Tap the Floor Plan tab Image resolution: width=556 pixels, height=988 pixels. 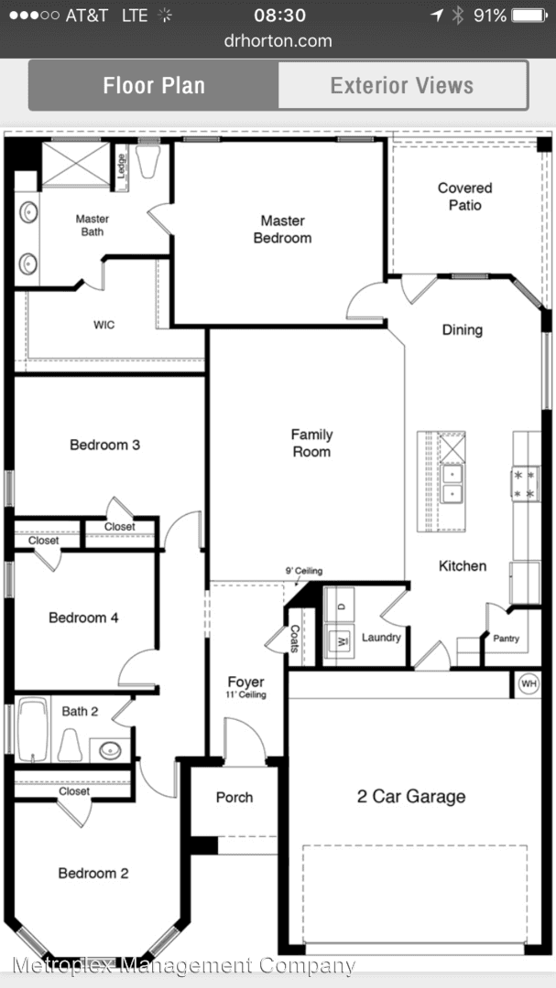(x=154, y=86)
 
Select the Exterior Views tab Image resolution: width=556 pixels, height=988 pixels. (x=402, y=86)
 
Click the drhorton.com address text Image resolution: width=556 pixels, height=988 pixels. (x=278, y=40)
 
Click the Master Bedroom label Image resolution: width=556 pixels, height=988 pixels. (x=282, y=229)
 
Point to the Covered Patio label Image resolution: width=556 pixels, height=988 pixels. (x=464, y=196)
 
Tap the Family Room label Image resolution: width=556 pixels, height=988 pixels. (x=311, y=443)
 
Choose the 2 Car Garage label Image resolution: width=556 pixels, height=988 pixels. (x=411, y=796)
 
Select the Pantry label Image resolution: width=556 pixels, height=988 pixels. (x=507, y=638)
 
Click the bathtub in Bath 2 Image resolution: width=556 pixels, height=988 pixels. (x=32, y=730)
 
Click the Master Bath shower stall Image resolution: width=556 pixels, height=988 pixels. (x=75, y=165)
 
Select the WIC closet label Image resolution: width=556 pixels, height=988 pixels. (x=104, y=325)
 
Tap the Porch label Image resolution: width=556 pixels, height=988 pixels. (x=234, y=797)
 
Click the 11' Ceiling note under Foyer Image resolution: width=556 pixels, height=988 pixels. (x=246, y=695)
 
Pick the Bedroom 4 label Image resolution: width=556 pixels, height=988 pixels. (x=83, y=617)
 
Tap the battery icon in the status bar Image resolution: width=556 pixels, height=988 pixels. (x=529, y=16)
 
